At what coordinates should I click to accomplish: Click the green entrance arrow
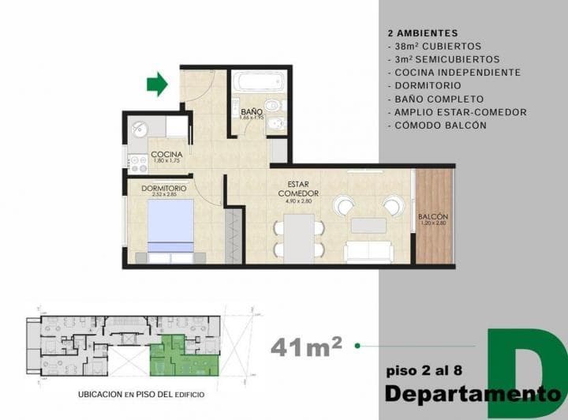coord(158,84)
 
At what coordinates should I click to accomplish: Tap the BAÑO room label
coord(252,111)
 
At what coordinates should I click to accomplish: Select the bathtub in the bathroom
coord(259,81)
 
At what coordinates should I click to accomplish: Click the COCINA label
coord(166,154)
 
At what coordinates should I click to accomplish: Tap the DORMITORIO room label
coord(163,189)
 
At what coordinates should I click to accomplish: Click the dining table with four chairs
coord(298,238)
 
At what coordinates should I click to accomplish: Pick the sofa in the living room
coord(368,251)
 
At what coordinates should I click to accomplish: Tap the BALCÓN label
coord(433,216)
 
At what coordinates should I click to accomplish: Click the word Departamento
coord(465,392)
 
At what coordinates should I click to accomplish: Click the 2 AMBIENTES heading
coord(423,34)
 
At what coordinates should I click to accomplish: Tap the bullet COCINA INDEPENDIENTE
coord(454,72)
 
